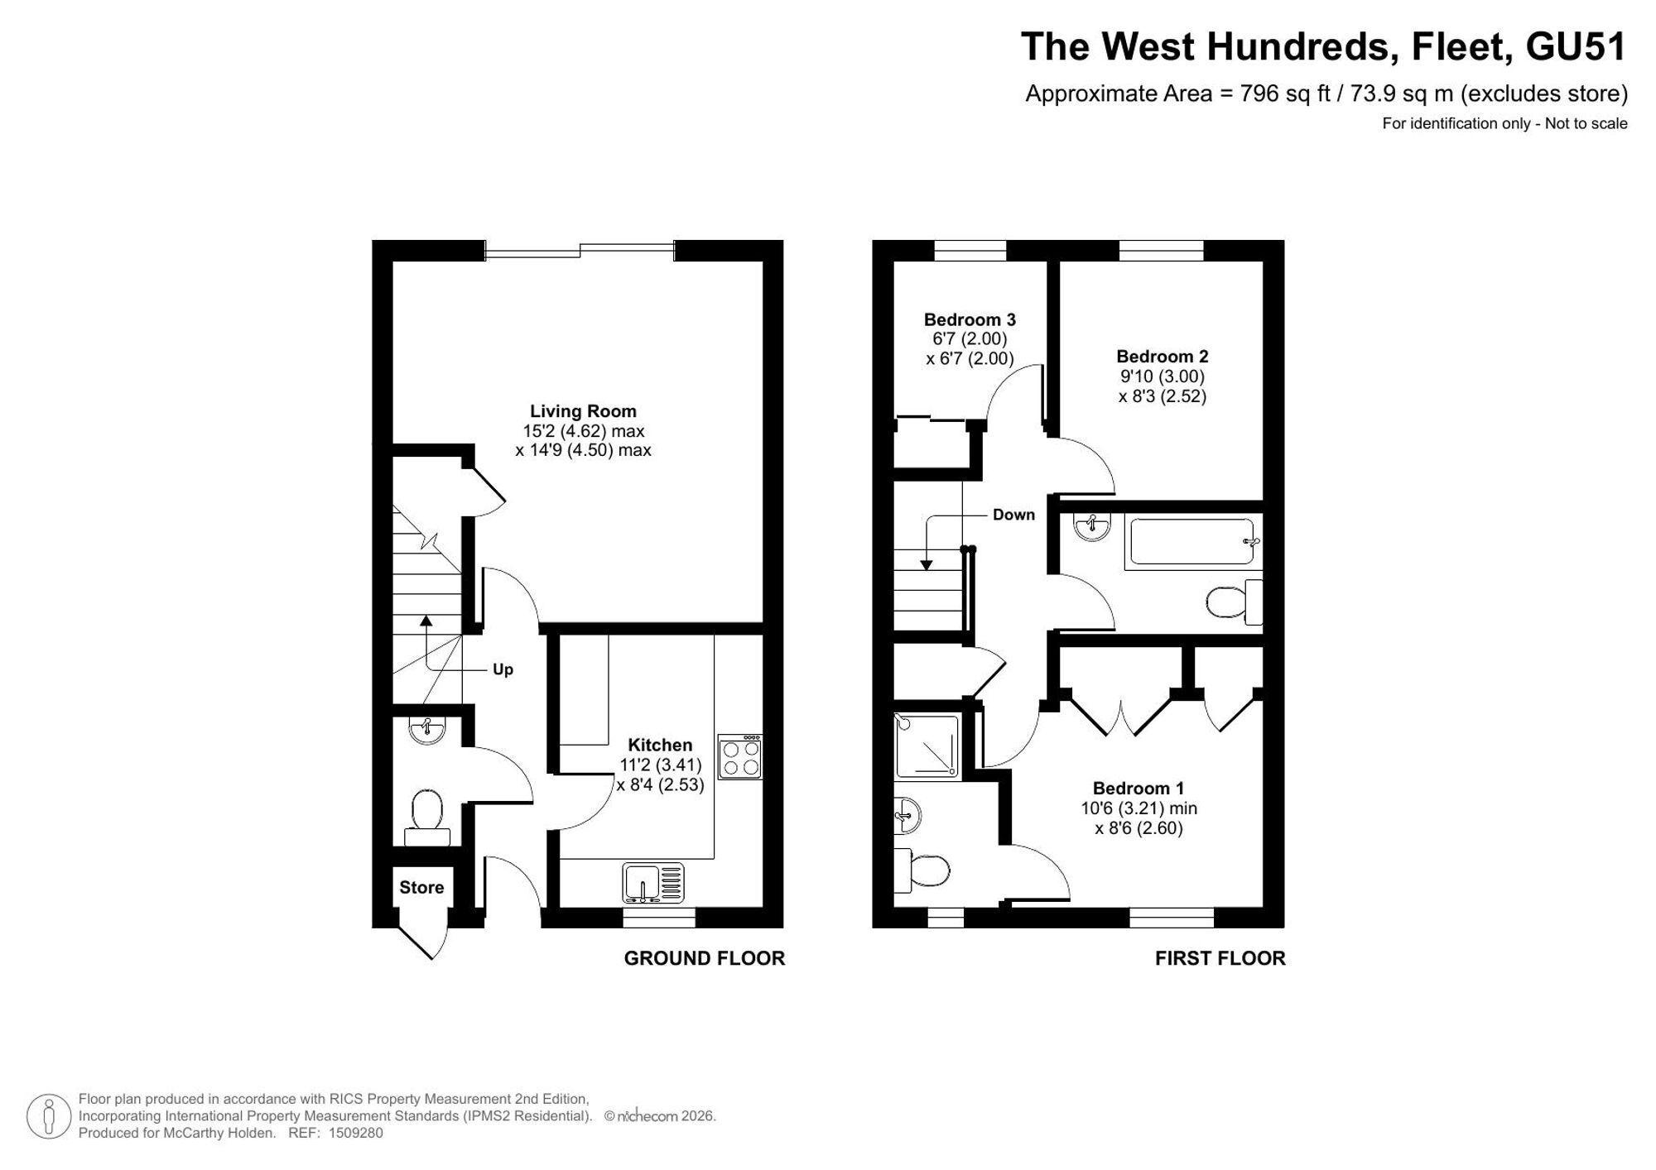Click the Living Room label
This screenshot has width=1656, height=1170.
(x=583, y=411)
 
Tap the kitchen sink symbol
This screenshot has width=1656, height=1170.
(x=654, y=883)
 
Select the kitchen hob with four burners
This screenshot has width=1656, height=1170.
(x=739, y=757)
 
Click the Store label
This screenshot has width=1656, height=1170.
(x=421, y=888)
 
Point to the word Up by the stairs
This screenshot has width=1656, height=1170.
(x=503, y=669)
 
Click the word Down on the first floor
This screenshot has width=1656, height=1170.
(x=1013, y=515)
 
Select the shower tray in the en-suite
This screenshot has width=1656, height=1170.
(x=927, y=746)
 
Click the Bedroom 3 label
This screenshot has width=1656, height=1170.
(x=970, y=319)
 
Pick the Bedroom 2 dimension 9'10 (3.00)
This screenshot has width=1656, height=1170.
(x=1163, y=376)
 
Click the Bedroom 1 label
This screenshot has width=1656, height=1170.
(x=1138, y=789)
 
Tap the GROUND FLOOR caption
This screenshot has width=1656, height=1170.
(x=705, y=958)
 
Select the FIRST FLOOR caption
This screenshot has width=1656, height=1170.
(x=1220, y=958)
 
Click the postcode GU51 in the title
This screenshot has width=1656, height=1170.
(x=1577, y=47)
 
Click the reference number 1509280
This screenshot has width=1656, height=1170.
(x=355, y=1134)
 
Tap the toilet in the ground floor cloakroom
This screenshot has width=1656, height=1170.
(x=427, y=818)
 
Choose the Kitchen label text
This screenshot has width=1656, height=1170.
(x=660, y=745)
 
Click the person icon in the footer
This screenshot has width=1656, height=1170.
(x=49, y=1116)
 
